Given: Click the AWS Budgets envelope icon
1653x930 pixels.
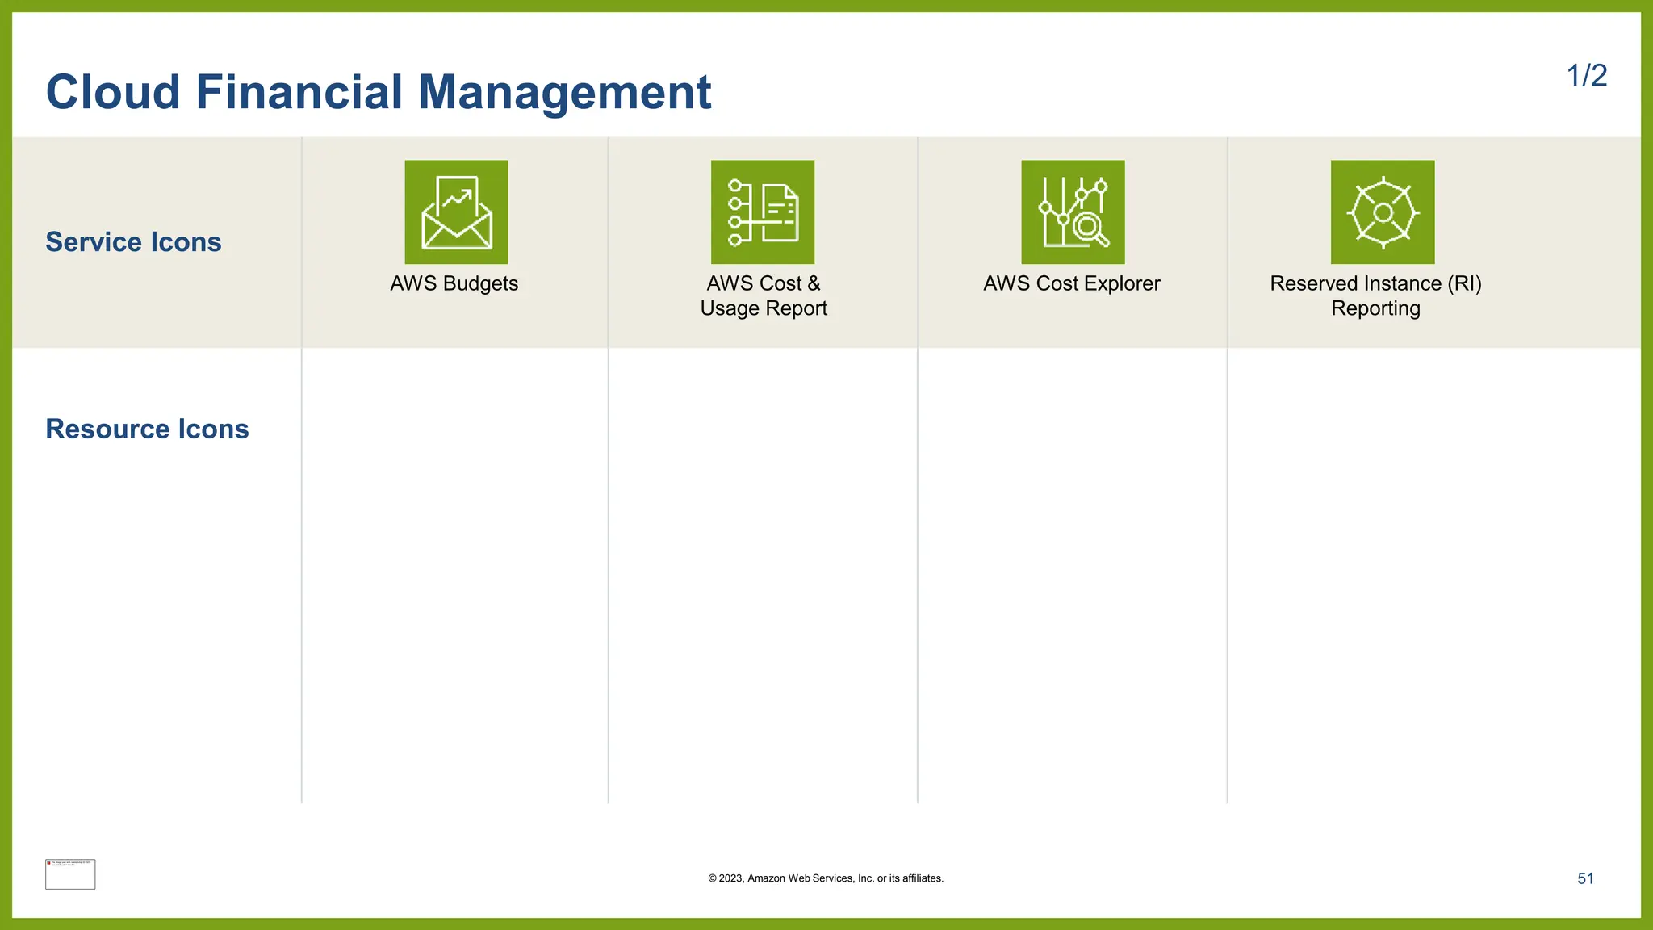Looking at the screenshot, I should click(x=456, y=212).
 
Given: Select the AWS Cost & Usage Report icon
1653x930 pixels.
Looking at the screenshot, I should click(x=762, y=212).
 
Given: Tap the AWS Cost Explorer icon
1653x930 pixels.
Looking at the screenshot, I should click(x=1073, y=212).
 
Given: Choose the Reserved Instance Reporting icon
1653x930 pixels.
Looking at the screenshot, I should click(x=1383, y=212).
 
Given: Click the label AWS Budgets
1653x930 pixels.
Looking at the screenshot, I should click(x=454, y=283).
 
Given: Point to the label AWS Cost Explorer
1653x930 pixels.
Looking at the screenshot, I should click(x=1071, y=283).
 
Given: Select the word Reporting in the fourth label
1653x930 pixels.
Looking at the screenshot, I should click(x=1375, y=308).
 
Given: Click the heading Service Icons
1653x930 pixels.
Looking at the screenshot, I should click(x=133, y=242).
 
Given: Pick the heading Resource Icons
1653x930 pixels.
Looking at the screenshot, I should click(x=147, y=429).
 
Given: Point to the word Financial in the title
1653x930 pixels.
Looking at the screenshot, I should click(x=299, y=92).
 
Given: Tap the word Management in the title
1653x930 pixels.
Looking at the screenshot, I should click(x=564, y=92).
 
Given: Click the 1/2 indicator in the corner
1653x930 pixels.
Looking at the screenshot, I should click(x=1586, y=76).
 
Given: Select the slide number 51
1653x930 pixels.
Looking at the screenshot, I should click(x=1585, y=878).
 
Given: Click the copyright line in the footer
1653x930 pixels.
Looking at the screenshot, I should click(x=826, y=878).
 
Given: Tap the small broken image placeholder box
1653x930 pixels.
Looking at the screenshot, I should click(x=70, y=874).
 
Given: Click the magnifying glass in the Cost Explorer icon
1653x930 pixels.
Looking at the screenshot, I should click(x=1090, y=228).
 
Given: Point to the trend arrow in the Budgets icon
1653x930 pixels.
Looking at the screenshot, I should click(x=458, y=197).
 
